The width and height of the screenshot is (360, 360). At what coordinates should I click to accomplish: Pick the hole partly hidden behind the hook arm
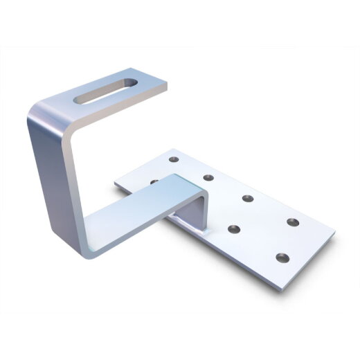pyautogui.click(x=153, y=181)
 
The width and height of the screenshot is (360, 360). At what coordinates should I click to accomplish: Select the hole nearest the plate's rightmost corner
pyautogui.click(x=293, y=222)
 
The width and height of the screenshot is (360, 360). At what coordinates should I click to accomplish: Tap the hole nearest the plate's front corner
pyautogui.click(x=281, y=258)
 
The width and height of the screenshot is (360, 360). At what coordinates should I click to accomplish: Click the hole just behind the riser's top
pyautogui.click(x=208, y=178)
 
